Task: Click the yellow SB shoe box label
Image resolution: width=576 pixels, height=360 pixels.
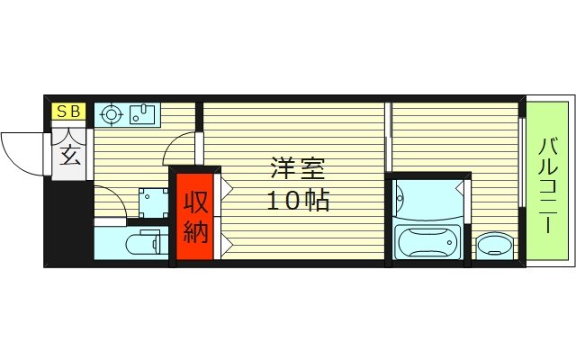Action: (68, 112)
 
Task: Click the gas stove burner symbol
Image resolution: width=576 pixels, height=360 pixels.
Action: (112, 114)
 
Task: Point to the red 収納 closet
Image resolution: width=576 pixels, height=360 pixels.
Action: (194, 215)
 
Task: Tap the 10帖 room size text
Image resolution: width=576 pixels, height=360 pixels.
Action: (297, 200)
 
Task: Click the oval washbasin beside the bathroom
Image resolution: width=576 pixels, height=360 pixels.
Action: (492, 244)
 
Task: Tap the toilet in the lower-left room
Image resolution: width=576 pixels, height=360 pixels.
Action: (144, 243)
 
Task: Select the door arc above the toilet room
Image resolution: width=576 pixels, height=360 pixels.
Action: (108, 202)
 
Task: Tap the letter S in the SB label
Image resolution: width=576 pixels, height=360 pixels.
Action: (63, 112)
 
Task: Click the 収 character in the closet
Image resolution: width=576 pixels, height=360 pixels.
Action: (195, 201)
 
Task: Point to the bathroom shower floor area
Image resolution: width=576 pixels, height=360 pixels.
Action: (427, 199)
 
